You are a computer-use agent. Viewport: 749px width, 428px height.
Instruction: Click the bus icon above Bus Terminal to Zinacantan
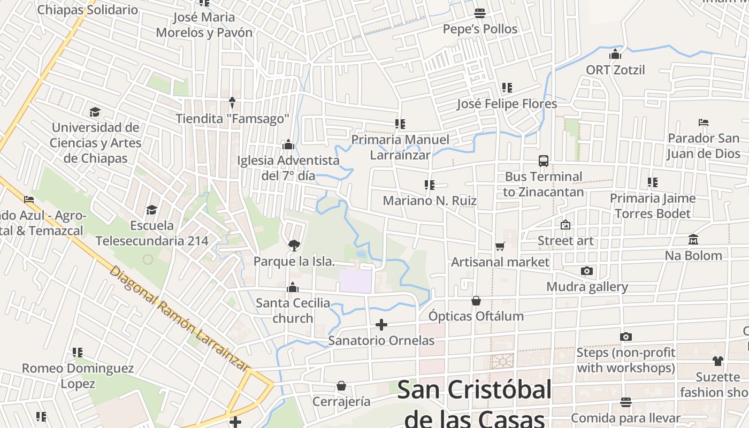point(543,160)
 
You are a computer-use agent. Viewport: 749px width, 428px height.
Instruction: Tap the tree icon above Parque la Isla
point(294,246)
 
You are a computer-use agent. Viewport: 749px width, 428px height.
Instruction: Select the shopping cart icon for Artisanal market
point(500,246)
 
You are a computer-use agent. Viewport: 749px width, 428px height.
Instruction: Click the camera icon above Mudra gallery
point(587,271)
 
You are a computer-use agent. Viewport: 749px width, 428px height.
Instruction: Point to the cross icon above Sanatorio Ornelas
point(381,325)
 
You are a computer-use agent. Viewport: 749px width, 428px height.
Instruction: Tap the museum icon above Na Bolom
point(693,240)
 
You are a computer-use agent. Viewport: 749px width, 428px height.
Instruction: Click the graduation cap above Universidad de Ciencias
point(95,112)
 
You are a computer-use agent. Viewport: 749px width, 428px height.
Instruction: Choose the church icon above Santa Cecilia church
point(292,288)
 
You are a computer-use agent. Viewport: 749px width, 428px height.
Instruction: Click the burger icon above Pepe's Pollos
point(480,13)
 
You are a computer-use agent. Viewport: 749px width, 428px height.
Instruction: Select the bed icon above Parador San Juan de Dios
point(704,123)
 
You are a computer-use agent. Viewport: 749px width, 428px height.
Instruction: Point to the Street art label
point(565,241)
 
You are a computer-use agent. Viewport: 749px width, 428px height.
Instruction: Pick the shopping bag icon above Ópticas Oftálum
point(476,301)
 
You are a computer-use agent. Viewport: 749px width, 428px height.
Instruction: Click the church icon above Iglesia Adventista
point(288,144)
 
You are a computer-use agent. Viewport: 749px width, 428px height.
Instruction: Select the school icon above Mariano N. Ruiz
point(429,185)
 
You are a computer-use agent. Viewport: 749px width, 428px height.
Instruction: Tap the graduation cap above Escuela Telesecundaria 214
point(152,210)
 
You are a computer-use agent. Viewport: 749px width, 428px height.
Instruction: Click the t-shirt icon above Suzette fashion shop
point(717,361)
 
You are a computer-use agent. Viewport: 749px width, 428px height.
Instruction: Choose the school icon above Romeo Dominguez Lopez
point(78,353)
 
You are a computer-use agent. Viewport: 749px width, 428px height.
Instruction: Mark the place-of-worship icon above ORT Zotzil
point(615,54)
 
